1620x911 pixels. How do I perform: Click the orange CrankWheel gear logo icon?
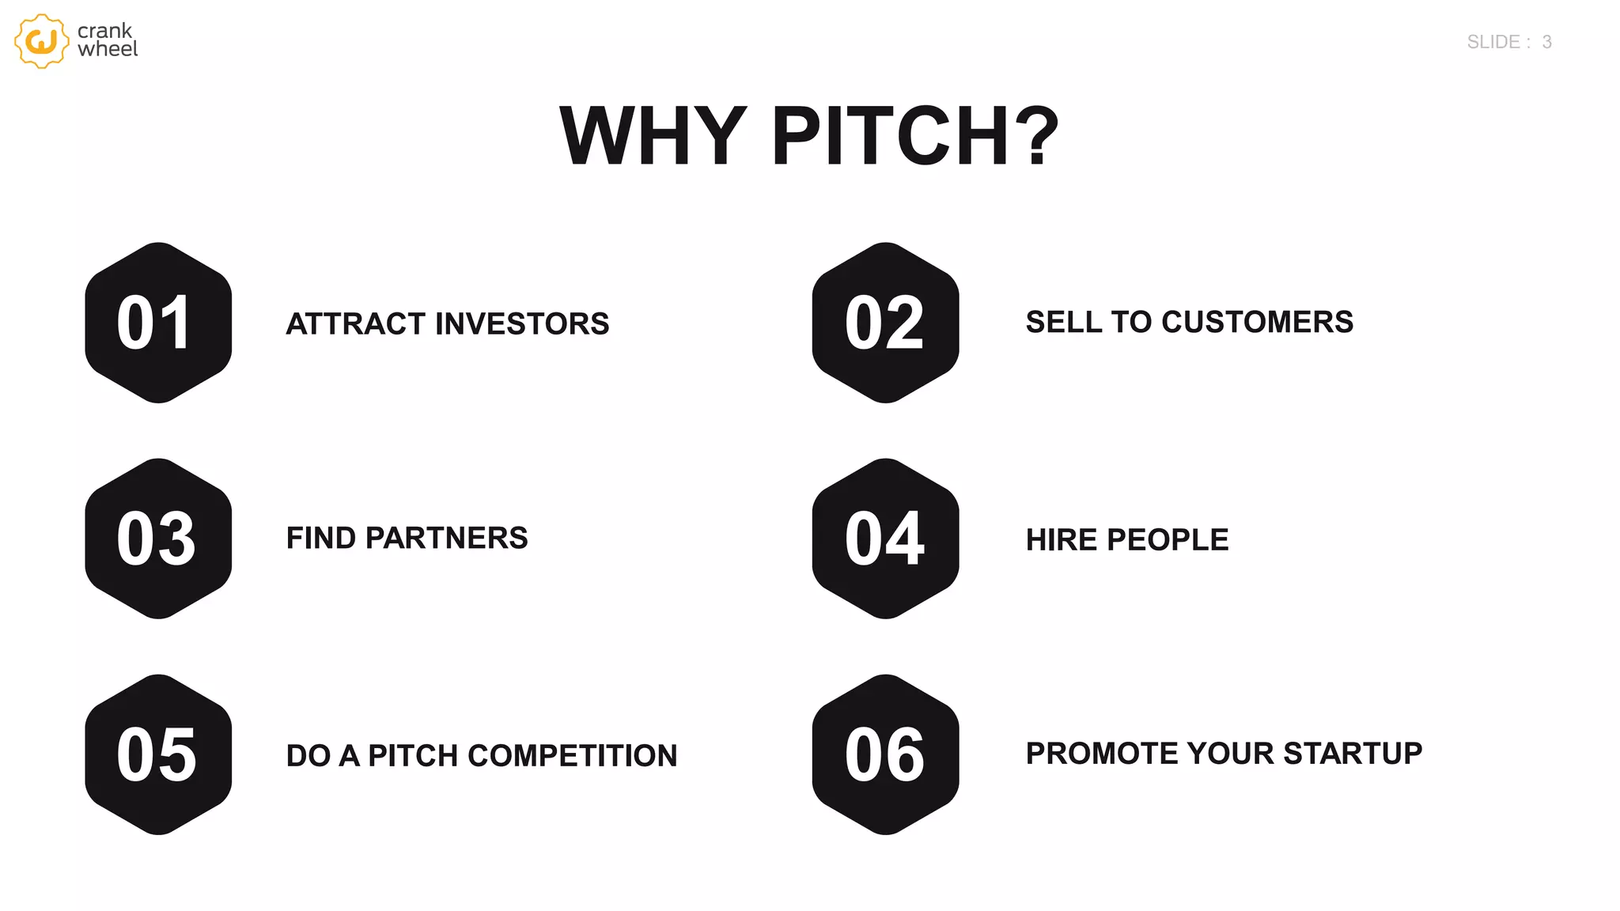pyautogui.click(x=41, y=41)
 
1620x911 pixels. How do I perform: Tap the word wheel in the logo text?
pyautogui.click(x=108, y=50)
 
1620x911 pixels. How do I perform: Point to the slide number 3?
pyautogui.click(x=1546, y=42)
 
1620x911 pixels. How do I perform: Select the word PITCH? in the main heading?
pyautogui.click(x=915, y=136)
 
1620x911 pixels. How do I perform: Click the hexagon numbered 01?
pyautogui.click(x=158, y=323)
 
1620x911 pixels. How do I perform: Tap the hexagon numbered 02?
pyautogui.click(x=885, y=323)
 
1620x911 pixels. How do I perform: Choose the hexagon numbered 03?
pyautogui.click(x=158, y=539)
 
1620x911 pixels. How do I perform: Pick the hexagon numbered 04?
pyautogui.click(x=885, y=539)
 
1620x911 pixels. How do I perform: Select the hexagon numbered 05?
pyautogui.click(x=158, y=754)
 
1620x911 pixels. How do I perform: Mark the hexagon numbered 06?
pyautogui.click(x=885, y=754)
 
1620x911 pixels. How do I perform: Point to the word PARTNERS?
pyautogui.click(x=446, y=539)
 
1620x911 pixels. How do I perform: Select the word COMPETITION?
pyautogui.click(x=573, y=756)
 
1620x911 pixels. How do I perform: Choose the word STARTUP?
pyautogui.click(x=1353, y=754)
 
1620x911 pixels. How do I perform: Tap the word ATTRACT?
pyautogui.click(x=356, y=324)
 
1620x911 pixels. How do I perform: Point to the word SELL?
pyautogui.click(x=1063, y=323)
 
